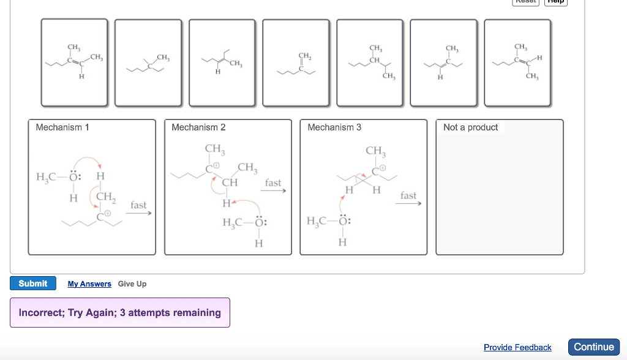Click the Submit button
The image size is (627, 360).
(32, 283)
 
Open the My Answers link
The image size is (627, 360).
(89, 284)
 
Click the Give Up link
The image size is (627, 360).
(132, 284)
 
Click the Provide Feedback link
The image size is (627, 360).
(517, 347)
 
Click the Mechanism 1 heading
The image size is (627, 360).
(62, 127)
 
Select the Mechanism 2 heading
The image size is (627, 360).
(198, 127)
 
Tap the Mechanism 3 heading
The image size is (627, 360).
(334, 127)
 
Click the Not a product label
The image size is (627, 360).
(470, 127)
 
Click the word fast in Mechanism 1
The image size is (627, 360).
(138, 205)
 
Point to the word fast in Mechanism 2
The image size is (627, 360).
(273, 182)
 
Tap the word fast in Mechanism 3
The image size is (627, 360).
(408, 195)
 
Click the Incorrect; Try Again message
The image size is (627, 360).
(120, 313)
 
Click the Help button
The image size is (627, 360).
(557, 2)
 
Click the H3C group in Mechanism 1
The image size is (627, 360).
(46, 176)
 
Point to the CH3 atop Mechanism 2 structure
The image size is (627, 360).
(216, 149)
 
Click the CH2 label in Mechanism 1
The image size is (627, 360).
(105, 197)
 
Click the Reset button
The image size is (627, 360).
(526, 2)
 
